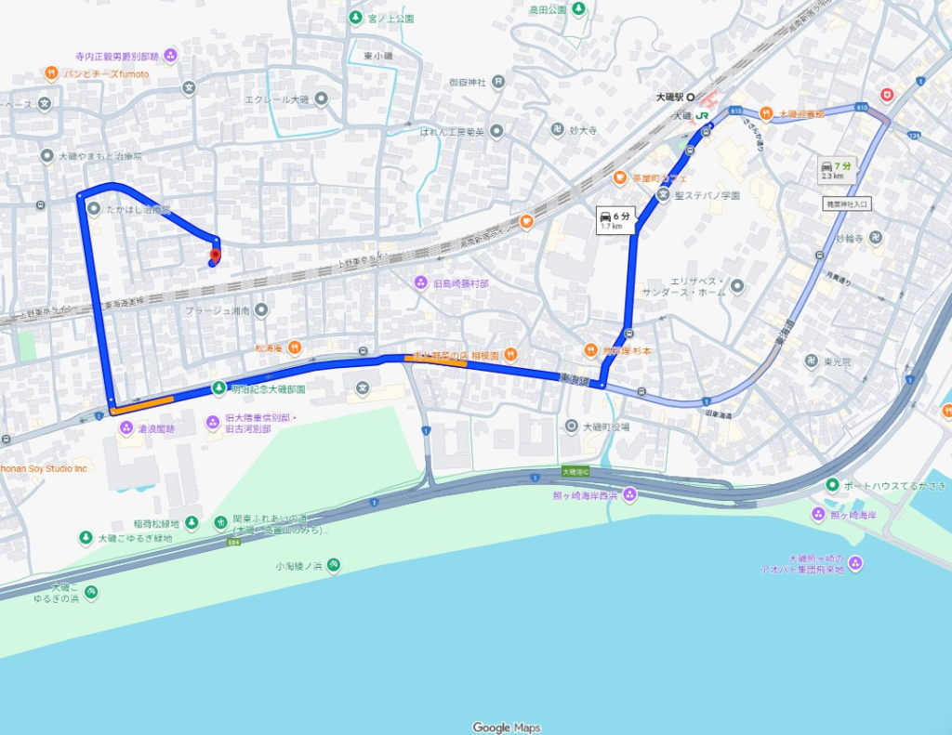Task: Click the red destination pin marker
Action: pyautogui.click(x=215, y=255)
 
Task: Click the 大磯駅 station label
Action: pyautogui.click(x=669, y=97)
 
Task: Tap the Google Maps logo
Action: pyautogui.click(x=506, y=728)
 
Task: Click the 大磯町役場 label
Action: pyautogui.click(x=605, y=427)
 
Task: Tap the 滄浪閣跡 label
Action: pyautogui.click(x=156, y=428)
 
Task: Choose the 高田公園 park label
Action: pyautogui.click(x=548, y=9)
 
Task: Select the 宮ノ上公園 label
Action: pyautogui.click(x=390, y=18)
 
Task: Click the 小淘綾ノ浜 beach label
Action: pyautogui.click(x=297, y=565)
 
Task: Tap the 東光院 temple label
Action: pyautogui.click(x=838, y=361)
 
